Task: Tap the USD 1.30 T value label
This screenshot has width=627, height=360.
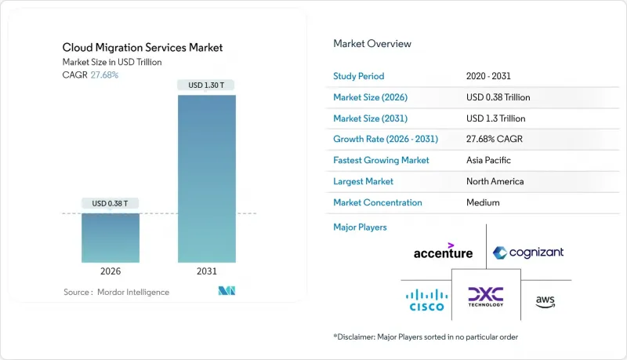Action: [x=206, y=85]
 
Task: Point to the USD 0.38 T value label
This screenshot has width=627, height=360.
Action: [x=111, y=203]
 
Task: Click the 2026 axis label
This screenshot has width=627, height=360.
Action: [x=111, y=271]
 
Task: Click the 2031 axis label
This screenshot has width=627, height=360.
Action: [x=206, y=271]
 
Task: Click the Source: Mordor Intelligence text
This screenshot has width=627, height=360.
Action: [x=116, y=292]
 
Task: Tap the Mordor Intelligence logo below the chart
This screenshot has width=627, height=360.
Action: [x=227, y=292]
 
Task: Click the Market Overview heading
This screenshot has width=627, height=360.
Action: [x=371, y=44]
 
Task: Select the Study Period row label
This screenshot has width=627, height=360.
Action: [x=359, y=76]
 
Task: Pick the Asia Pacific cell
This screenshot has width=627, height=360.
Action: [x=487, y=160]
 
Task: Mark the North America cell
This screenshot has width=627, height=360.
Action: [x=495, y=181]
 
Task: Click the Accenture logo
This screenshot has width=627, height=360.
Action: [x=443, y=251]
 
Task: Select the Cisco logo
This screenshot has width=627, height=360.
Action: [x=426, y=300]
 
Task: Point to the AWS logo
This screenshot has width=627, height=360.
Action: [x=545, y=300]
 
